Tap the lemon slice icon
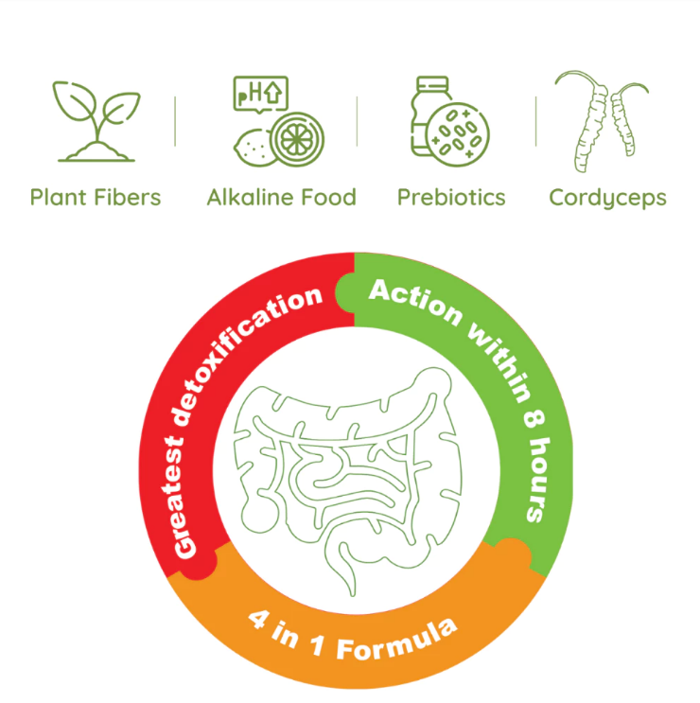(297, 139)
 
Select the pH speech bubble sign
(260, 94)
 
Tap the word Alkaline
(250, 197)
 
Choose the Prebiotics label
(451, 197)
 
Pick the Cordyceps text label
(607, 198)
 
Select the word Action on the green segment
(415, 301)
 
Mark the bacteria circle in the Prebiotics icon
(458, 134)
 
